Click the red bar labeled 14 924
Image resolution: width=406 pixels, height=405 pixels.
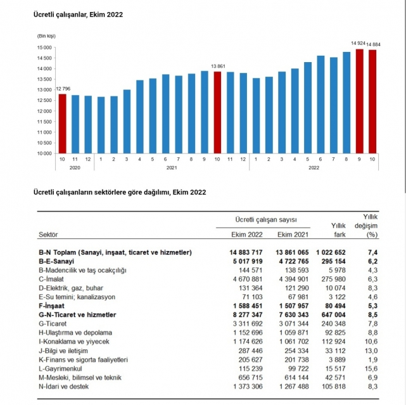[x=359, y=101]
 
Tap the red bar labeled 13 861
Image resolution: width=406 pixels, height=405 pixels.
[x=217, y=112]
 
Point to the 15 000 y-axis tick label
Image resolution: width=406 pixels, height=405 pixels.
[x=44, y=48]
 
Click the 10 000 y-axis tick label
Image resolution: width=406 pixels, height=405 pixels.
[x=44, y=153]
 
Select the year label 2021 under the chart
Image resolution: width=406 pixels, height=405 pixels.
[x=171, y=168]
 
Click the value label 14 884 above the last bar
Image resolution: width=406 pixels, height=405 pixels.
[x=373, y=44]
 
